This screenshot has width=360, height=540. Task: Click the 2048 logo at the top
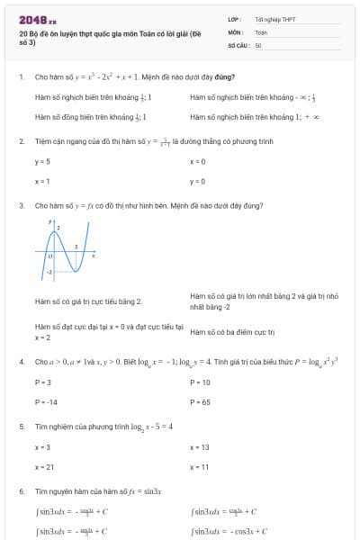click(x=38, y=20)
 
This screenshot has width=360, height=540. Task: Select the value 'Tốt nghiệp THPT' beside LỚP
click(x=275, y=19)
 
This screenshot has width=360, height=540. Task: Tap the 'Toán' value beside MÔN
click(x=261, y=31)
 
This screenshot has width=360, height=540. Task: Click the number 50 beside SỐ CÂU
click(x=258, y=44)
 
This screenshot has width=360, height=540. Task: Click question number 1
click(x=21, y=77)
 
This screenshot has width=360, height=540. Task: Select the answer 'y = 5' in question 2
click(x=42, y=161)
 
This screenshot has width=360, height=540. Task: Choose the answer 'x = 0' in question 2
click(x=198, y=161)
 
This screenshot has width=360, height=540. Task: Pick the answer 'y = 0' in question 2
click(x=198, y=181)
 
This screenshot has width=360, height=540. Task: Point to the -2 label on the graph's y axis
click(x=49, y=271)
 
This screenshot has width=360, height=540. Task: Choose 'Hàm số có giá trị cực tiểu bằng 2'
click(x=88, y=301)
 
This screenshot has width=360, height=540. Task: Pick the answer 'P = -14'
click(x=46, y=401)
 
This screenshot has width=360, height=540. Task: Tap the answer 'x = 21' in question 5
click(x=44, y=467)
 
